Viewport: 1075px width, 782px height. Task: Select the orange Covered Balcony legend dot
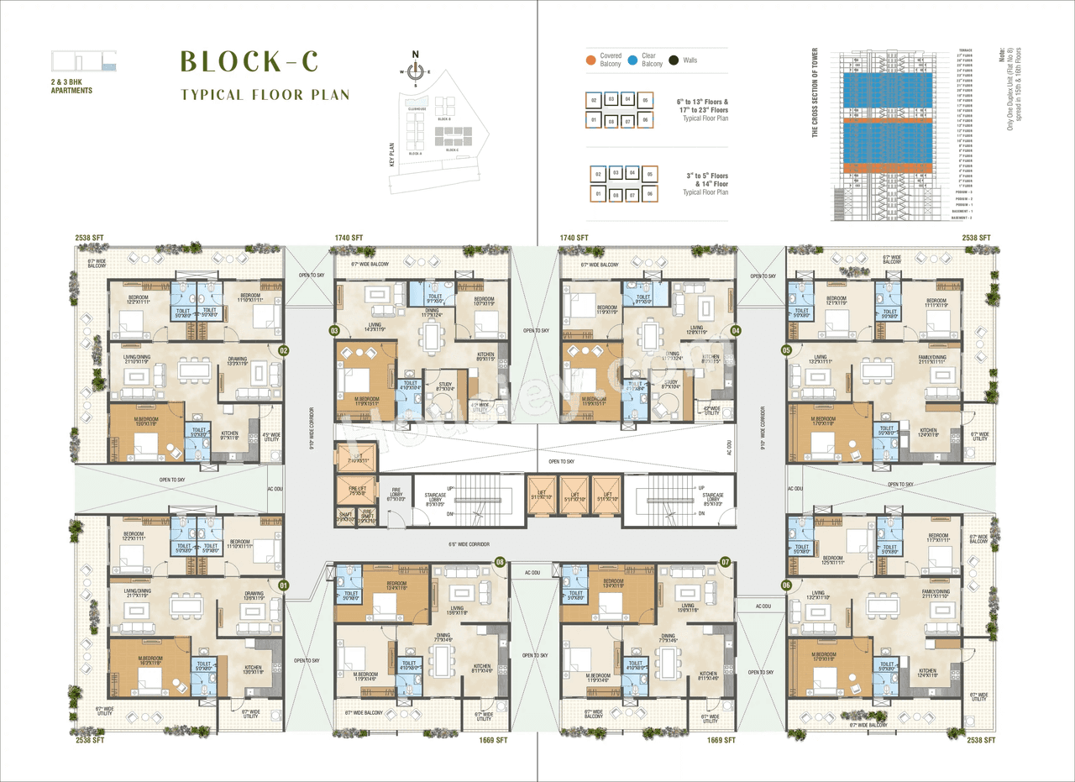point(590,60)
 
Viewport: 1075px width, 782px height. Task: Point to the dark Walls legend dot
point(673,60)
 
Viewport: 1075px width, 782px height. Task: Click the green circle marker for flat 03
point(334,331)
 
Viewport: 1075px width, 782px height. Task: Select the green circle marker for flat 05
point(786,349)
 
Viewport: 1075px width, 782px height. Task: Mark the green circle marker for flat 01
point(283,585)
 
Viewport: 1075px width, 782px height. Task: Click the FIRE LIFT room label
point(355,491)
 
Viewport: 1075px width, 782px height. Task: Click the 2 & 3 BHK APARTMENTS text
point(71,86)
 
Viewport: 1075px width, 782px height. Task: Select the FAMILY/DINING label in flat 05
point(932,359)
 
